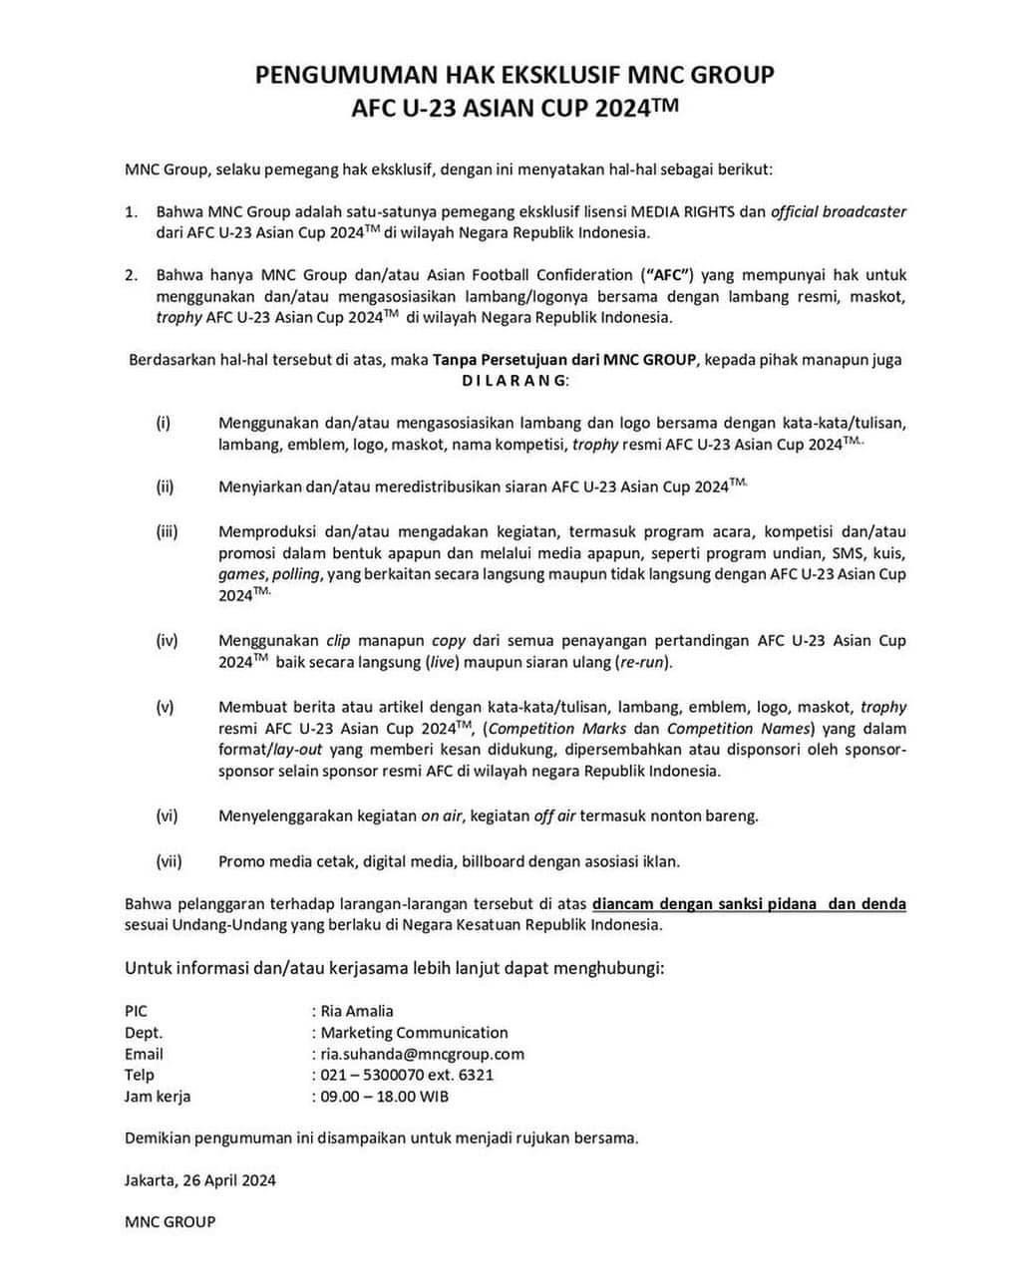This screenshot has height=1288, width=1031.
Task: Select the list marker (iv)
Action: click(x=167, y=640)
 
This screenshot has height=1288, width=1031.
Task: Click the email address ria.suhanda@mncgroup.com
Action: click(x=422, y=1054)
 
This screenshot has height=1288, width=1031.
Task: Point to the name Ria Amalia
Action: click(x=357, y=1011)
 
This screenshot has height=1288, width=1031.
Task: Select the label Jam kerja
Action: click(x=158, y=1097)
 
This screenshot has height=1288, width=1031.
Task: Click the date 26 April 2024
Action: click(x=228, y=1180)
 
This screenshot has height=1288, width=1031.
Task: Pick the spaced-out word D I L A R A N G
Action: click(x=515, y=381)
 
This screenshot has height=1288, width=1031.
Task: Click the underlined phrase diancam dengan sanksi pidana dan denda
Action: click(x=749, y=904)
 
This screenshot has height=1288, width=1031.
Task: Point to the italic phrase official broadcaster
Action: click(x=839, y=211)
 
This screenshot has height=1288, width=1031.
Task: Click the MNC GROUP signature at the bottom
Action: click(x=170, y=1221)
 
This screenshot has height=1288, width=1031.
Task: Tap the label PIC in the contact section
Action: click(x=136, y=1011)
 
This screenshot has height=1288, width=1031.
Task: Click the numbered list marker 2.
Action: click(x=131, y=275)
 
